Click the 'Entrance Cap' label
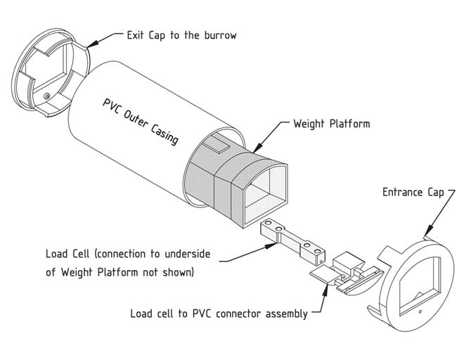point(412,191)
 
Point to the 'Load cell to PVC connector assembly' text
point(219,314)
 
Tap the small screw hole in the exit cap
point(46,94)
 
